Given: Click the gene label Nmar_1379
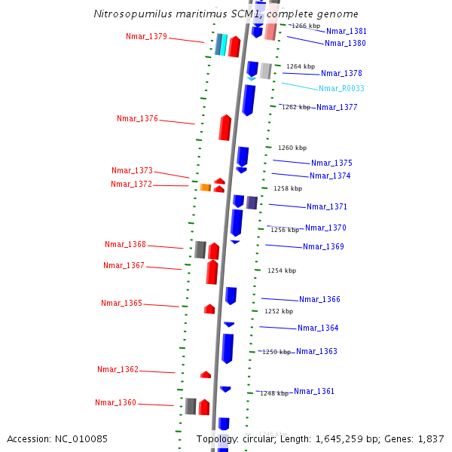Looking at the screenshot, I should click(146, 36).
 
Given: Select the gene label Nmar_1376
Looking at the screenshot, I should click(137, 118).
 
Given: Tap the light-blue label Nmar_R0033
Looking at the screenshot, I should click(341, 88).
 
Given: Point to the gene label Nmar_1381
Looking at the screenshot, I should click(347, 31).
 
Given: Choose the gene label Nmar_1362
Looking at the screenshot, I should click(118, 369).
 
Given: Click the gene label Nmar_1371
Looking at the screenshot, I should click(327, 206).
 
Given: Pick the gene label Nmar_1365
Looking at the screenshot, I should click(121, 303).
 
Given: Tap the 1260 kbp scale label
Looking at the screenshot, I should click(292, 148).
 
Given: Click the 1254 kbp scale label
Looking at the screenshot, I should click(282, 270).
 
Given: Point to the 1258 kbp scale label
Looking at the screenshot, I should click(288, 188).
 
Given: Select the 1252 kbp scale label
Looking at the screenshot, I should click(279, 311).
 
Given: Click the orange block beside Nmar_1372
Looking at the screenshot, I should click(205, 187).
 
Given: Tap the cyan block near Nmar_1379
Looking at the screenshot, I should click(224, 45).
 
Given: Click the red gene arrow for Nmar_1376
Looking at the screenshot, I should click(224, 127).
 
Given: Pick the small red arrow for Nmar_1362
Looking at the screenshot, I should click(206, 374).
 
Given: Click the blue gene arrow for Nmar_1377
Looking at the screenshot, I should click(249, 99).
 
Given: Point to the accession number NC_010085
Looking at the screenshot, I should click(83, 438).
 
